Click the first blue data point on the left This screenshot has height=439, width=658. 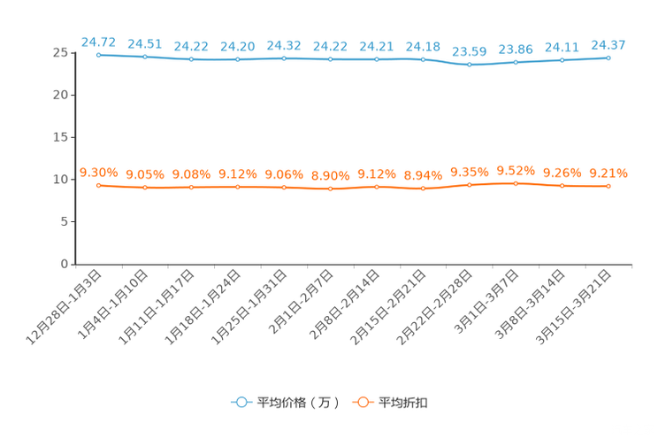pos(99,55)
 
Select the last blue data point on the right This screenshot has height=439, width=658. pos(608,58)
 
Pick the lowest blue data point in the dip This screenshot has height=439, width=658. pos(470,65)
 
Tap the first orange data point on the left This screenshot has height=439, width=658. pos(99,185)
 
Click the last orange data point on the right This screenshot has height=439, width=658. pos(608,186)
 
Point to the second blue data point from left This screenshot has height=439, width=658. pos(145,57)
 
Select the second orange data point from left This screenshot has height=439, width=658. pos(145,188)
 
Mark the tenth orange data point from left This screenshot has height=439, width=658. pos(516,183)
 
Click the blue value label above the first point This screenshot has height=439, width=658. pos(98,41)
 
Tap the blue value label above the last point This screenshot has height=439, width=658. pos(608,44)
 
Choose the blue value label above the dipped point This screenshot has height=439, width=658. pos(470,51)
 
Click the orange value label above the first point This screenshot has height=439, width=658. pos(99,172)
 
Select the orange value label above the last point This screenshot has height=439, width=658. pos(608,173)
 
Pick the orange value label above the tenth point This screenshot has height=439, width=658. pos(516,170)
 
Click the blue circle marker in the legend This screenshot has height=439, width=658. pos(241,402)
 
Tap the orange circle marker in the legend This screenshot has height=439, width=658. pos(363,402)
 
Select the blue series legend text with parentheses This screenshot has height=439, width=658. pos(298,403)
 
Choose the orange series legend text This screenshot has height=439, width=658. pos(404,403)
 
